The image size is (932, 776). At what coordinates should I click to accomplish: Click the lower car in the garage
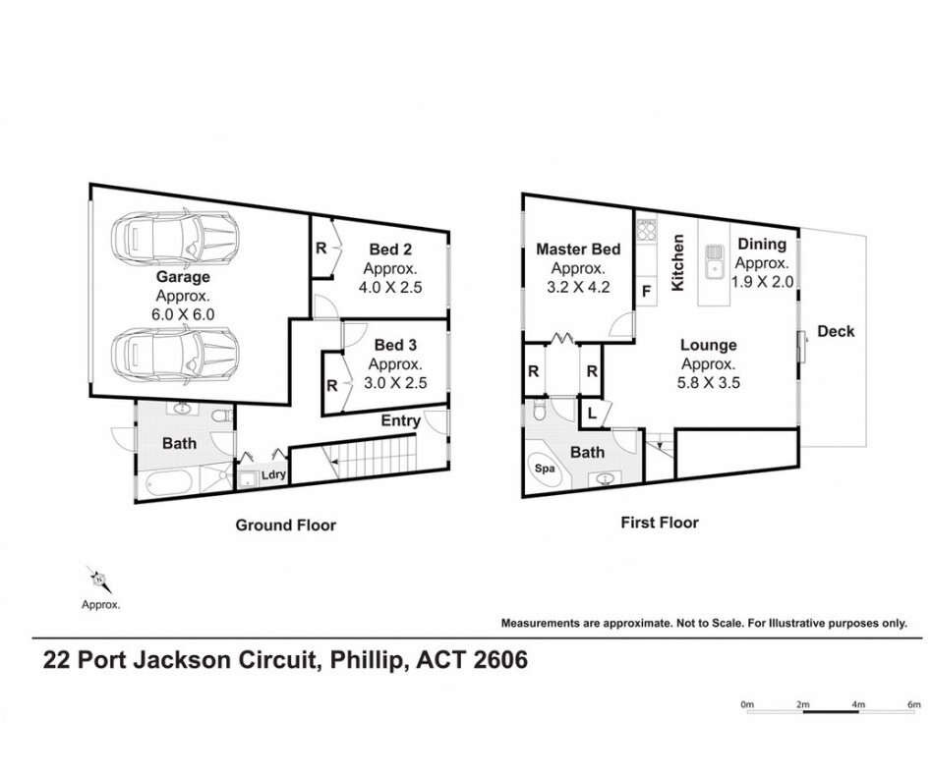pos(176,352)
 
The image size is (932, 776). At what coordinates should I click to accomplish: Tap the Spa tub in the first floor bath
pos(545,469)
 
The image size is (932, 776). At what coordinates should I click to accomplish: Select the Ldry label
pos(274,475)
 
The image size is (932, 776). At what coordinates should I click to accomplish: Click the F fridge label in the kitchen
pos(647,292)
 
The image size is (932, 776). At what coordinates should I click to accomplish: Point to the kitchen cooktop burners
pos(647,230)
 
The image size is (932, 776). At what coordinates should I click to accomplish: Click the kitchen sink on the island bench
pos(714,262)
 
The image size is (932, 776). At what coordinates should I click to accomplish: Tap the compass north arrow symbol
pos(100,579)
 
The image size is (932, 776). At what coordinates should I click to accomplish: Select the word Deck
pos(836,331)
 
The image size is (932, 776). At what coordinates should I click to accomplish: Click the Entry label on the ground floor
pos(400,421)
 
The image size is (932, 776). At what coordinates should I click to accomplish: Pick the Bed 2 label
pos(390,249)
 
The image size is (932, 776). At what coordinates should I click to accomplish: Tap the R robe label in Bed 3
pos(332,386)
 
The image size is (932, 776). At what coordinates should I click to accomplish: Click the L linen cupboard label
pos(593,414)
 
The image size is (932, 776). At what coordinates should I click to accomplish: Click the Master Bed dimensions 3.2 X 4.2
pos(578,288)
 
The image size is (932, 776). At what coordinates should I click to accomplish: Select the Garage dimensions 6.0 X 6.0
pos(183,314)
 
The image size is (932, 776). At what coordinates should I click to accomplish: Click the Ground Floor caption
pos(286,526)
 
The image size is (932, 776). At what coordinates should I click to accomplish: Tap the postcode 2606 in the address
pos(500,660)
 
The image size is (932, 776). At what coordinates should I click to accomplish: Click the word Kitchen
pos(677,262)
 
